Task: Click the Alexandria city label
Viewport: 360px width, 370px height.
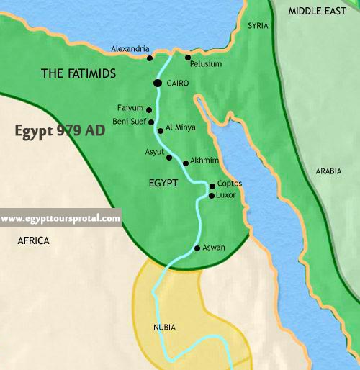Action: [x=130, y=49]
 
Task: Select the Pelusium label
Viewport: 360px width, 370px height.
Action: [x=206, y=64]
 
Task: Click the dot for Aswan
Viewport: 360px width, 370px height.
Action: [x=197, y=248]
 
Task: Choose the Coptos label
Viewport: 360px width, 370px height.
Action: [x=229, y=184]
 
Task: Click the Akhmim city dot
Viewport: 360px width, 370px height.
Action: [x=186, y=163]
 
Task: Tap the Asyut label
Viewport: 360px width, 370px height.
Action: [x=154, y=153]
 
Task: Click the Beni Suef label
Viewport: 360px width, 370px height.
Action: [x=130, y=122]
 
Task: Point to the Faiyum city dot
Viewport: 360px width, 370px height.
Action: [x=149, y=110]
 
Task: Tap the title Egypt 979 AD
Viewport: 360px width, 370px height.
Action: [x=60, y=132]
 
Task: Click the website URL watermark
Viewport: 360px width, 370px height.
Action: [x=60, y=219]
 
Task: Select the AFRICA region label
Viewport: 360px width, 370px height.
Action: [x=34, y=241]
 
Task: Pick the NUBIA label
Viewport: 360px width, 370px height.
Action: [x=164, y=328]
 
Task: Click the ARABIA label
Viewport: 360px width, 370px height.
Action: [x=329, y=171]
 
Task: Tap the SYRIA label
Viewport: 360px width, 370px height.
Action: [x=258, y=26]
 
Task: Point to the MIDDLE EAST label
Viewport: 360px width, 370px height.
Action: [x=318, y=11]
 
